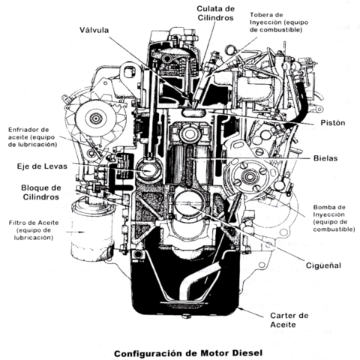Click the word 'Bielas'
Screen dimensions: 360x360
(x=327, y=159)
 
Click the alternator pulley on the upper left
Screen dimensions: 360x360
(x=95, y=118)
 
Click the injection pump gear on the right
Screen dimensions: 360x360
(x=249, y=178)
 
